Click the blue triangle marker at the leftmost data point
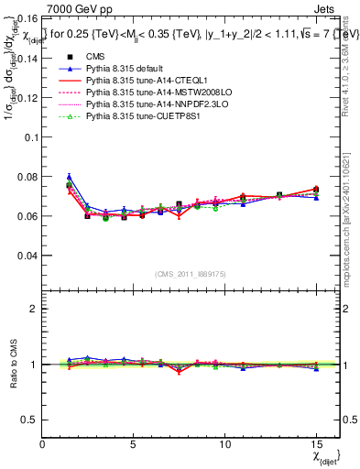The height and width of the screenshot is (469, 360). [x=69, y=177]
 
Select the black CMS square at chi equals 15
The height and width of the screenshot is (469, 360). [x=316, y=190]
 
